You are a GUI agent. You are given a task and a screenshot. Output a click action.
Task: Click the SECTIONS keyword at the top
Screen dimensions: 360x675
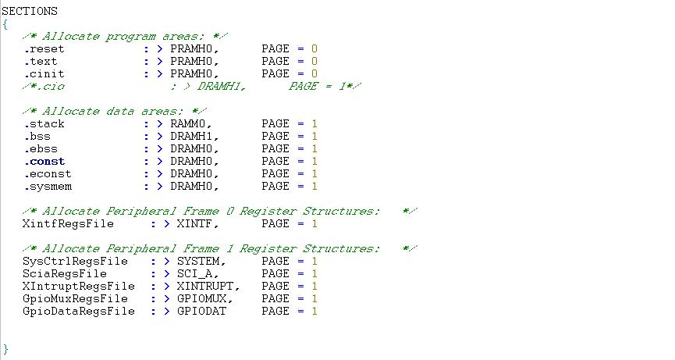click(30, 12)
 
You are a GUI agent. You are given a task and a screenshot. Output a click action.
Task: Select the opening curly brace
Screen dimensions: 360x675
click(5, 24)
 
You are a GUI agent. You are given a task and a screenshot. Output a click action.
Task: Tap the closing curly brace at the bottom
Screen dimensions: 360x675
click(5, 348)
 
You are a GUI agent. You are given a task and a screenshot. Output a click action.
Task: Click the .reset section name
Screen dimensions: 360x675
click(41, 48)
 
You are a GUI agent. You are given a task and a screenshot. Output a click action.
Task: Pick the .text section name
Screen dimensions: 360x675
click(41, 61)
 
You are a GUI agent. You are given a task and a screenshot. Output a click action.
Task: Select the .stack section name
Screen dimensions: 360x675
click(44, 123)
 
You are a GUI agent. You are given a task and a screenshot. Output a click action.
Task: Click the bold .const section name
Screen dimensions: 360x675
click(44, 161)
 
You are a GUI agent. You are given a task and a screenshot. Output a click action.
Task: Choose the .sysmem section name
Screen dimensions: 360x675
click(47, 186)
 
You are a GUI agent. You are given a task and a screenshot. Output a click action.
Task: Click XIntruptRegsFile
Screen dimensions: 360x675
click(79, 286)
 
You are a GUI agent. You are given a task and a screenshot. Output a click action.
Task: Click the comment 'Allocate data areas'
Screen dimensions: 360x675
click(111, 111)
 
